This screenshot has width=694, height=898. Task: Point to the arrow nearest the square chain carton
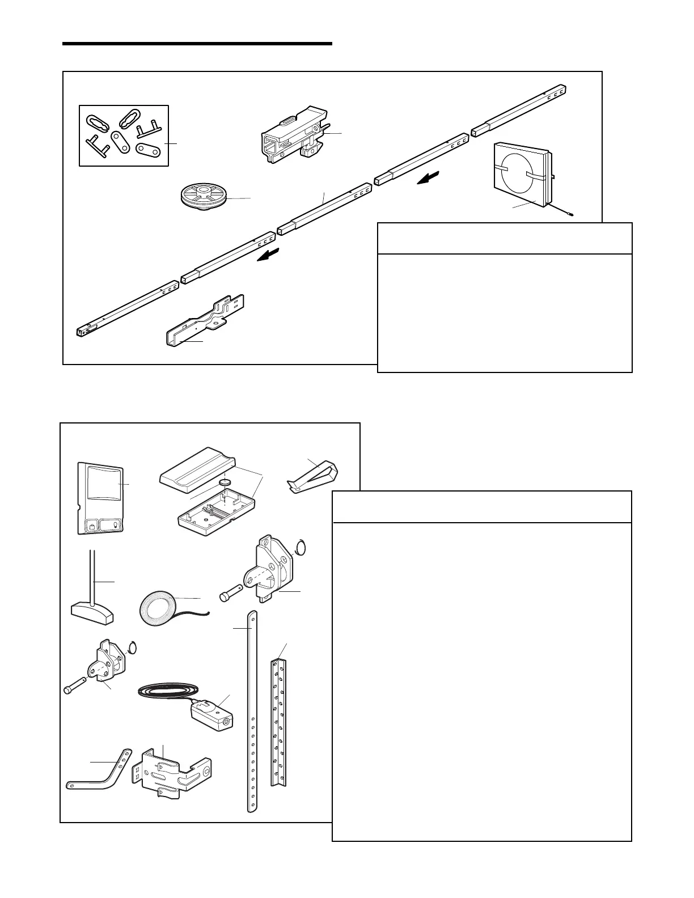pyautogui.click(x=426, y=179)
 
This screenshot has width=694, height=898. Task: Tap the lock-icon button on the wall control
pyautogui.click(x=91, y=526)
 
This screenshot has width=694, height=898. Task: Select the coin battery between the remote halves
pyautogui.click(x=226, y=482)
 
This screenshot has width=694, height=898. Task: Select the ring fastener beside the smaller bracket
pyautogui.click(x=133, y=646)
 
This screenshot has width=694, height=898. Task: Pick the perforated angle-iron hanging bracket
pyautogui.click(x=278, y=723)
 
